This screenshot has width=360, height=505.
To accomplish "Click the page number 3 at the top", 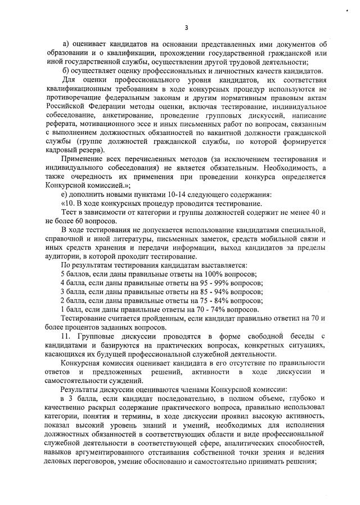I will point(186,26).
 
